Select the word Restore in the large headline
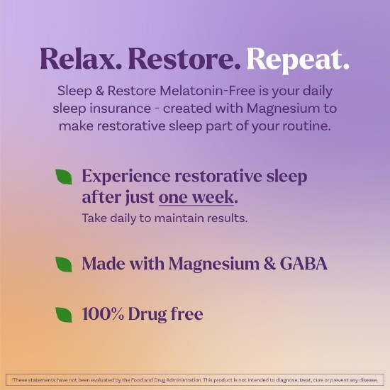click(184, 59)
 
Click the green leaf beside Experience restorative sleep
click(64, 177)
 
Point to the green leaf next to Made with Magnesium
click(64, 264)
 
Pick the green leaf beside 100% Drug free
click(64, 315)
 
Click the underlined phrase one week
click(196, 198)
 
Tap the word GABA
click(303, 263)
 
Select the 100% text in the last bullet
click(103, 313)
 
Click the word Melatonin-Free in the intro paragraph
click(208, 91)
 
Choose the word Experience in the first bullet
click(126, 177)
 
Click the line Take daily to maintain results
click(165, 218)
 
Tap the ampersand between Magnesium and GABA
click(269, 263)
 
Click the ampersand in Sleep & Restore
click(99, 91)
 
